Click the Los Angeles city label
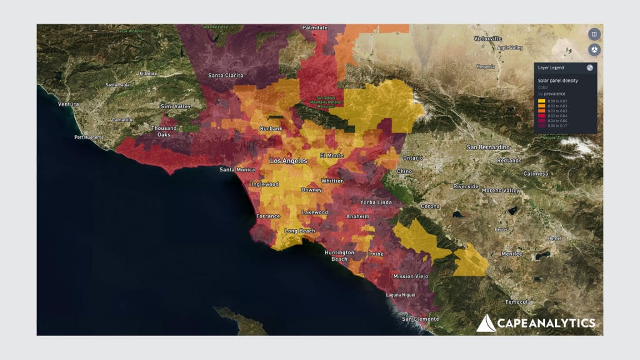click(288, 161)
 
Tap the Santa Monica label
click(236, 169)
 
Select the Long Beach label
click(300, 231)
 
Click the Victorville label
click(487, 39)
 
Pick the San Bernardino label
click(489, 147)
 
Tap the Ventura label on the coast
click(68, 104)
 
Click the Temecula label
click(518, 301)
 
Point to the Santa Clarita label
click(226, 76)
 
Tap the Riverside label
click(466, 186)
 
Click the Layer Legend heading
click(551, 67)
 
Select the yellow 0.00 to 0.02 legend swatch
click(541, 101)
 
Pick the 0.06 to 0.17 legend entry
click(556, 126)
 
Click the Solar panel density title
click(557, 81)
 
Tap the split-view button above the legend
click(594, 34)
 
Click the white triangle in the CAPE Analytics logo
click(486, 323)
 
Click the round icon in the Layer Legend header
click(590, 67)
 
